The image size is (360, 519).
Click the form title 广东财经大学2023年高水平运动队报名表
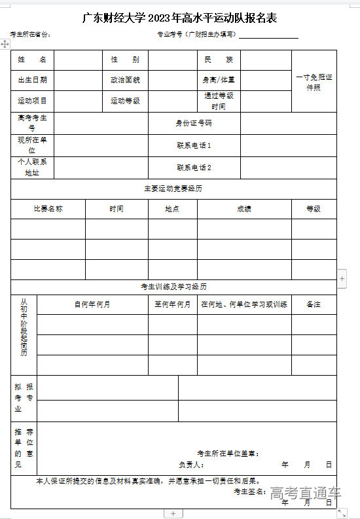tap(179, 18)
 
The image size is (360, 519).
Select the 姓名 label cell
tap(32, 60)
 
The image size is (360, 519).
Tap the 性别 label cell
tap(124, 60)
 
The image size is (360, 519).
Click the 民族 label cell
tap(219, 60)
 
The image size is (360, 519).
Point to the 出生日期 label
tap(32, 80)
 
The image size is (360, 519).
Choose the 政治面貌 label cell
tap(124, 80)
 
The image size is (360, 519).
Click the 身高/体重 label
tap(219, 80)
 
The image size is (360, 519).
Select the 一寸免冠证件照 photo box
tap(314, 82)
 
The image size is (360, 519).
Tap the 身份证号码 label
tap(194, 122)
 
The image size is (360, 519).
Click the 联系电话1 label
tap(194, 145)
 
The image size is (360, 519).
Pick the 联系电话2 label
tap(194, 168)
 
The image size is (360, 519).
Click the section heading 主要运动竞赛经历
tap(173, 188)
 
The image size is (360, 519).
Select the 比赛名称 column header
tap(48, 209)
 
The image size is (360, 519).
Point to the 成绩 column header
tap(244, 209)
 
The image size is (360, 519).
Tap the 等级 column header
tap(314, 209)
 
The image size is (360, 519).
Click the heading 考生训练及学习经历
tap(173, 287)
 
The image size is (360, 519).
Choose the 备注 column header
tap(314, 304)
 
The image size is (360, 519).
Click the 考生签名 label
tap(249, 492)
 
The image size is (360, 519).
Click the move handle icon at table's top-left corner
tap(5, 43)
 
